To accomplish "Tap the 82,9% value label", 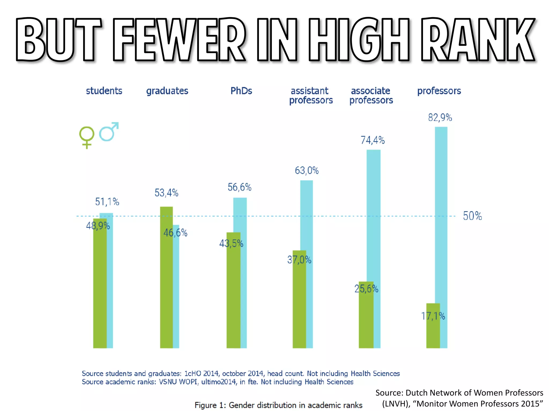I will coord(440,117).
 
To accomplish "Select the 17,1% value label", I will coord(433,316).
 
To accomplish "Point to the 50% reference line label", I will coord(472,216).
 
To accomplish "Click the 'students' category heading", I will coord(104,91).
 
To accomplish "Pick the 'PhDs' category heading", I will coord(241,91).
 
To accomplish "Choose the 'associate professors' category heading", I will coord(371,96).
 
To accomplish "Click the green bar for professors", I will coord(433,332).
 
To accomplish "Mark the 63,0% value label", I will coord(307,170).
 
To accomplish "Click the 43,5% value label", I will coord(231,243).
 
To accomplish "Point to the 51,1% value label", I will coord(107,202).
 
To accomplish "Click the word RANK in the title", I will coord(477,40).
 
